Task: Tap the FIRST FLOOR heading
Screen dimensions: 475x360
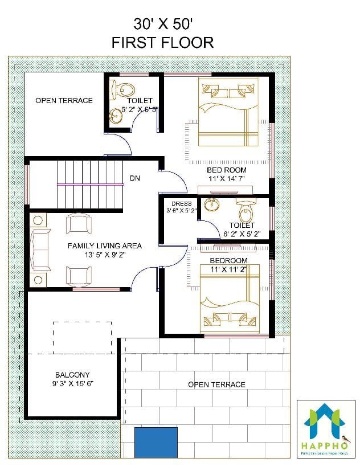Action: [162, 42]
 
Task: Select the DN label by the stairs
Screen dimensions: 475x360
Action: [135, 178]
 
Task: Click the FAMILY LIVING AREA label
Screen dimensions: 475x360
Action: [105, 246]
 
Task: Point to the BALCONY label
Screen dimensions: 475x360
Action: [72, 375]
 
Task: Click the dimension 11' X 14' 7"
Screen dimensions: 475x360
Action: [226, 179]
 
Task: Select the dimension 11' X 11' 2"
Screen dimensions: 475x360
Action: [228, 269]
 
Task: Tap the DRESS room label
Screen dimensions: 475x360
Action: [182, 203]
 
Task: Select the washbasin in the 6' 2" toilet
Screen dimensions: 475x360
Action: [213, 204]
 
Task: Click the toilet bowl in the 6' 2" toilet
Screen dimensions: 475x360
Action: [246, 212]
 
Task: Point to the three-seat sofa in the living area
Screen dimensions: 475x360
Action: [40, 249]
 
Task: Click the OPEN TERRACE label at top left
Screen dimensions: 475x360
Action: [64, 101]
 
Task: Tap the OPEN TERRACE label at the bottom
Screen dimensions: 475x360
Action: [216, 384]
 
